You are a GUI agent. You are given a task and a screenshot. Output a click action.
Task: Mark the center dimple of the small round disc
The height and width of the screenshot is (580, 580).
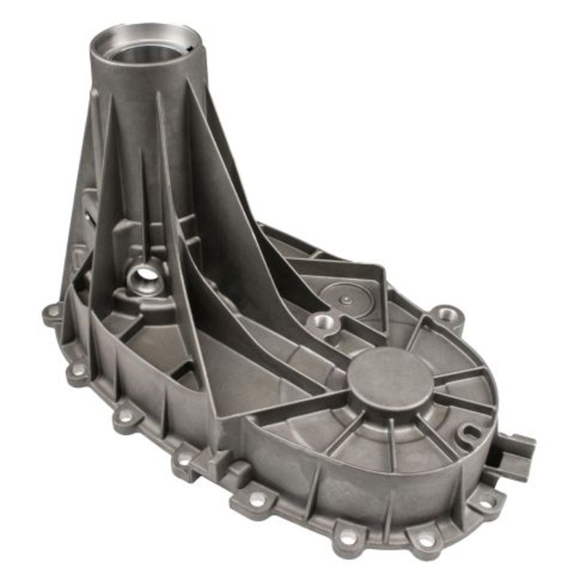[347, 299]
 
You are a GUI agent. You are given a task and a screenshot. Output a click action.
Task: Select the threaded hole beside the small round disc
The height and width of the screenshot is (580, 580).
[322, 322]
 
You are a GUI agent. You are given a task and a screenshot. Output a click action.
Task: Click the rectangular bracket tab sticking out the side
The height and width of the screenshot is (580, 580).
[516, 453]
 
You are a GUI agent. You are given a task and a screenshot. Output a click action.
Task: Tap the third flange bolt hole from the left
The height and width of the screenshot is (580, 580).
[125, 418]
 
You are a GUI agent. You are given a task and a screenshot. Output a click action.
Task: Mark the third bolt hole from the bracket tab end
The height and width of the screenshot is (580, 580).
[349, 538]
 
